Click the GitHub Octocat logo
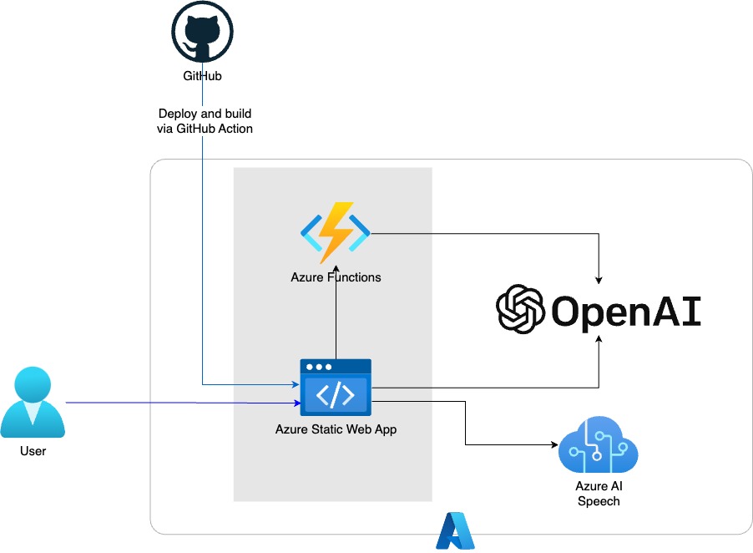tap(202, 32)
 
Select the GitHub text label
tap(202, 76)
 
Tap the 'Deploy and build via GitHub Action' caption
tap(205, 121)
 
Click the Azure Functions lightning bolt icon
tap(336, 232)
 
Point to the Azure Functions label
tap(336, 277)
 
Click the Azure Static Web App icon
tap(336, 388)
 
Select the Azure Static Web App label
tap(336, 429)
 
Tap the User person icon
tap(33, 403)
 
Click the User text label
tap(33, 450)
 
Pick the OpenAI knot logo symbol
tap(520, 309)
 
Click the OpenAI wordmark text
tap(626, 312)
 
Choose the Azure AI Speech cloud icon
tap(599, 444)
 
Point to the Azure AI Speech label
tap(599, 494)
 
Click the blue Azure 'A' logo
tap(455, 530)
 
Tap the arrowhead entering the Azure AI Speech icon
tap(554, 445)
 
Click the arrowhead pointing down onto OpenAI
tap(599, 281)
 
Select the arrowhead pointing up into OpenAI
tap(599, 339)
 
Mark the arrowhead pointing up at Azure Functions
tap(336, 270)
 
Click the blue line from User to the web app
tap(183, 403)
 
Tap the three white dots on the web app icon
tap(319, 367)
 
